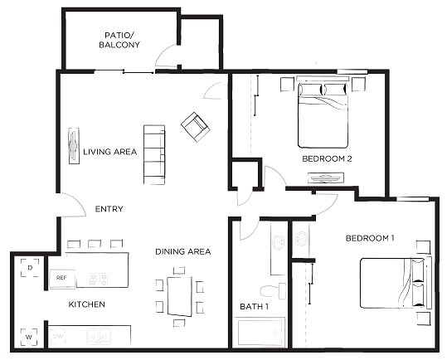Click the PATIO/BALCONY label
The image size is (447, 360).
pyautogui.click(x=119, y=40)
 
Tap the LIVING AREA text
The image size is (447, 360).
pyautogui.click(x=110, y=152)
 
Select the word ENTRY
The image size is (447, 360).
pyautogui.click(x=109, y=209)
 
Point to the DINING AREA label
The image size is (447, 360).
pyautogui.click(x=183, y=251)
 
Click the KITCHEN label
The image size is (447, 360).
pyautogui.click(x=86, y=304)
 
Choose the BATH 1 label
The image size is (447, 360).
pyautogui.click(x=254, y=306)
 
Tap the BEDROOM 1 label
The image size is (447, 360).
pyautogui.click(x=370, y=238)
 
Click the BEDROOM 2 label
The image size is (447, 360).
pyautogui.click(x=327, y=158)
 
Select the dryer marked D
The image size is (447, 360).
pyautogui.click(x=30, y=268)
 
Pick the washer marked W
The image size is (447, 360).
pyautogui.click(x=29, y=338)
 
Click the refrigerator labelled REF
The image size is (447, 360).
pyautogui.click(x=62, y=278)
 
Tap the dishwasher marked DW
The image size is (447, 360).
pyautogui.click(x=58, y=337)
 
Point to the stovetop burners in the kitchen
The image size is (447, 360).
pyautogui.click(x=99, y=279)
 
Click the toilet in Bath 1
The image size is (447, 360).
pyautogui.click(x=273, y=290)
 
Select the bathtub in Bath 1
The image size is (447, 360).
pyautogui.click(x=260, y=333)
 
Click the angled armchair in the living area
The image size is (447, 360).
pyautogui.click(x=195, y=127)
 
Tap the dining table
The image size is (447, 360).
pyautogui.click(x=180, y=296)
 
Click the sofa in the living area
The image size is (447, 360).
pyautogui.click(x=154, y=154)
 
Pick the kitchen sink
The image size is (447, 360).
pyautogui.click(x=99, y=336)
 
